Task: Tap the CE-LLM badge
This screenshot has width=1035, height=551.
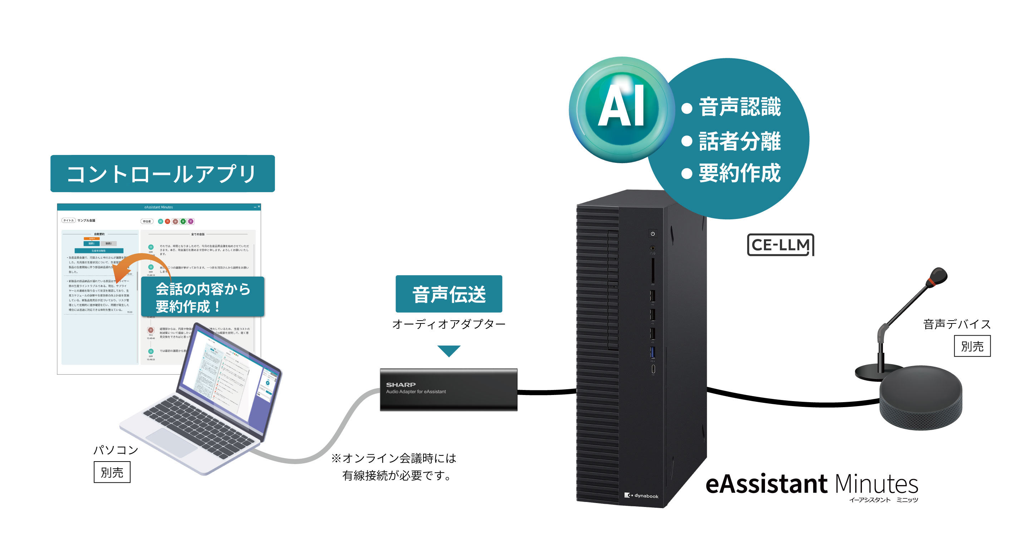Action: tap(780, 245)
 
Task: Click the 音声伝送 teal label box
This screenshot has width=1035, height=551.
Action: tap(448, 294)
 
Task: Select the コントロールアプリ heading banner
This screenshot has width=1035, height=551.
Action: tap(162, 174)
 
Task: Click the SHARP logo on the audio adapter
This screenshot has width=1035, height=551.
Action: tap(401, 385)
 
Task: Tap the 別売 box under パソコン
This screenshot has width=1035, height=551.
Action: tap(112, 472)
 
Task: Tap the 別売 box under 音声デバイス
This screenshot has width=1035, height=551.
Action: tap(972, 346)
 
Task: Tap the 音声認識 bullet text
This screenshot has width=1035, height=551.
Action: tap(740, 107)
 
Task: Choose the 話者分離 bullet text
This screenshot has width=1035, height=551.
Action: tap(740, 141)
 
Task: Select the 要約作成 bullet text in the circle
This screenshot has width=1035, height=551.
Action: tap(740, 174)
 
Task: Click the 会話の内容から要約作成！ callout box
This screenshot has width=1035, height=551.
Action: tap(202, 297)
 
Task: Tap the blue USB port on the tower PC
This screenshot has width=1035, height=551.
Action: tap(652, 352)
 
